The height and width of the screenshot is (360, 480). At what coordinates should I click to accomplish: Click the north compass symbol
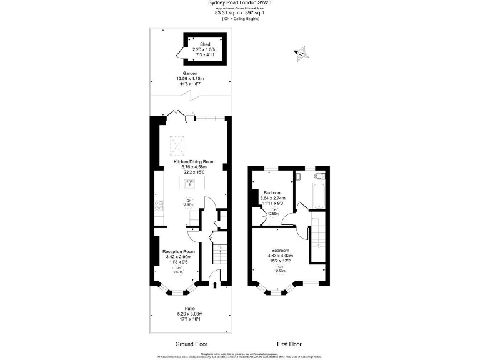coord(302,54)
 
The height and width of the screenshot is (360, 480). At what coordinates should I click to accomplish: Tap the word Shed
coord(187,44)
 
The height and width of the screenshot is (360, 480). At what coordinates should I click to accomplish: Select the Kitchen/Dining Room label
coord(189,161)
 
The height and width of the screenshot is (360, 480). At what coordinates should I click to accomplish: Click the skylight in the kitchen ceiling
coord(179,147)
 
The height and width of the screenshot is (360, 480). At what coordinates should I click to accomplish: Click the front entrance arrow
coord(216,286)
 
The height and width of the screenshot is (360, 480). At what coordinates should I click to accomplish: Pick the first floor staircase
coord(318,238)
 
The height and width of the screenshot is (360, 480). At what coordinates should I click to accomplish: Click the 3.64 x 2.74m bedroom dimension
coord(272,198)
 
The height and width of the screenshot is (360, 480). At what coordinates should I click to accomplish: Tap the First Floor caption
coord(288,344)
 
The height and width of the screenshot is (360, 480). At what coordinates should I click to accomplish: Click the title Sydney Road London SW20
coord(239,3)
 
